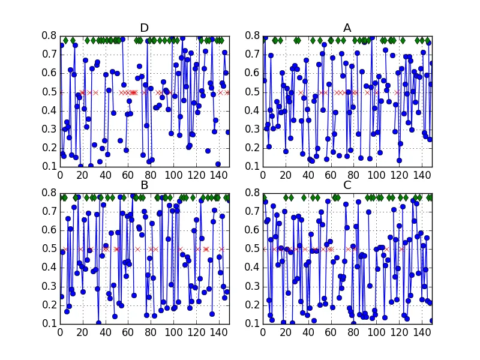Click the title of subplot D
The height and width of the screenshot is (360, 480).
pos(144,28)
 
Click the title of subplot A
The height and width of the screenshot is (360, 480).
pos(347,28)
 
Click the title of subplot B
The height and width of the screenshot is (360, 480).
pos(144,185)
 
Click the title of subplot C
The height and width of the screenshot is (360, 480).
pos(347,185)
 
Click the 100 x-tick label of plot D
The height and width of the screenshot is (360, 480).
pos(173,175)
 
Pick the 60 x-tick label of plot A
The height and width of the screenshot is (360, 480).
pos(331,175)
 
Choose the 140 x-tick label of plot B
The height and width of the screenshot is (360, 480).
pos(218,332)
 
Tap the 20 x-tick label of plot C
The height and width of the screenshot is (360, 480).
pos(286,332)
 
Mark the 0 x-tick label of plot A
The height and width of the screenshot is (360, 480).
pos(263,175)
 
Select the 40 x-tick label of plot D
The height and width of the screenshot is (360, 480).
pos(105,175)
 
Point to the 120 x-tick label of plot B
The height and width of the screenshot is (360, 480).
pos(195,332)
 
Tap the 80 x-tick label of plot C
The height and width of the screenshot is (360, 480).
pos(353,332)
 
